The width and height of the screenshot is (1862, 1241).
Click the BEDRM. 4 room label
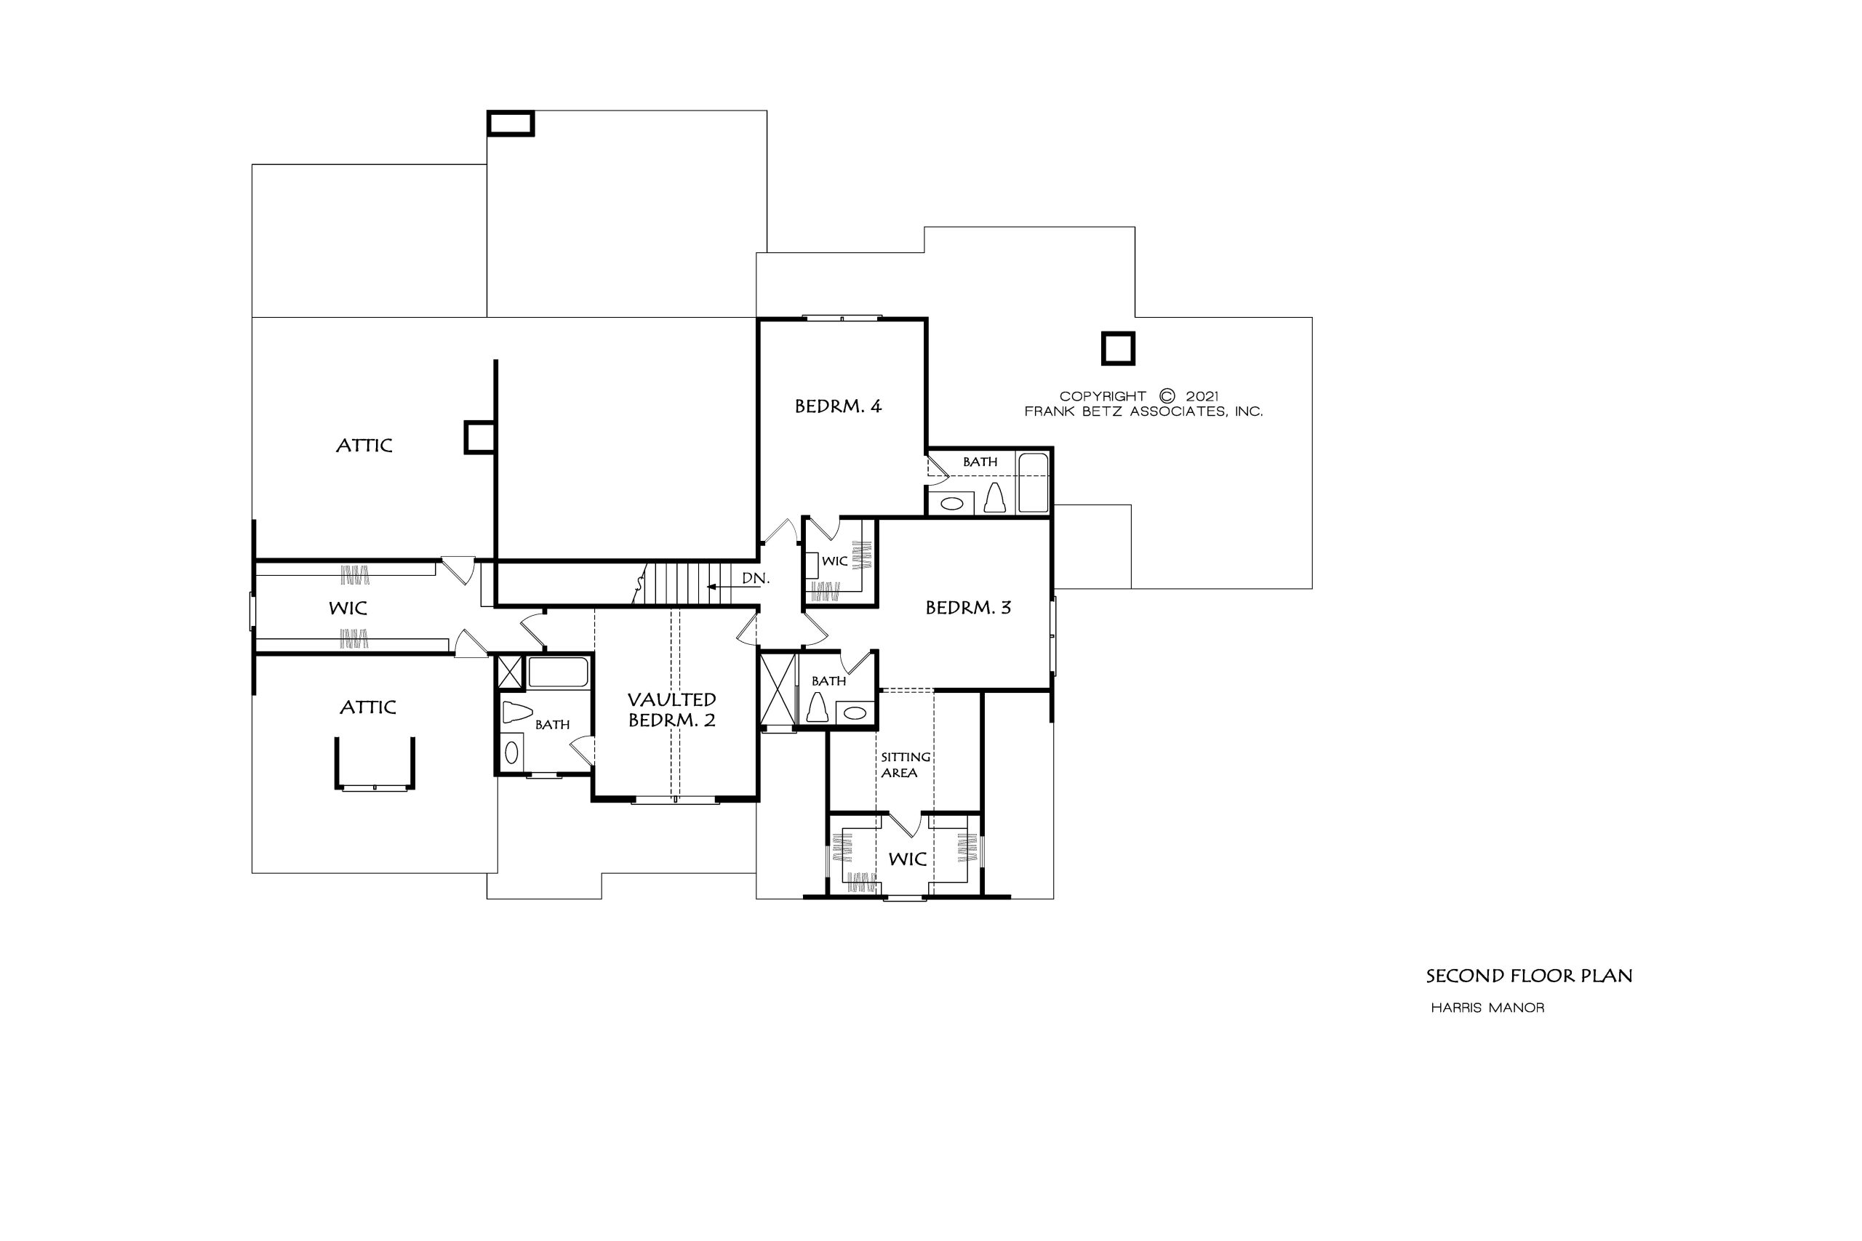838,406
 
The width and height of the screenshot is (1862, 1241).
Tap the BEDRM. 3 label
968,608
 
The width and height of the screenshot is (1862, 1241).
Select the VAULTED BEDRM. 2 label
672,710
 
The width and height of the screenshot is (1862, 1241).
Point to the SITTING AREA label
905,765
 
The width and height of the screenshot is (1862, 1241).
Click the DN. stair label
755,579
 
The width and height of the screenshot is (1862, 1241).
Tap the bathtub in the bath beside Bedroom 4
1032,483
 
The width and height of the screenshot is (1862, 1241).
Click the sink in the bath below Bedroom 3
855,712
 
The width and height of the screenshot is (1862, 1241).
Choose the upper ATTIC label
364,446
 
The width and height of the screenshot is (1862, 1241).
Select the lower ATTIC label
368,707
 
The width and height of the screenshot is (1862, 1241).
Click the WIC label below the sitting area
907,859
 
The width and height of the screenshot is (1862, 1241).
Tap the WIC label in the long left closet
348,608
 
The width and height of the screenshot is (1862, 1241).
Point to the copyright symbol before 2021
1167,395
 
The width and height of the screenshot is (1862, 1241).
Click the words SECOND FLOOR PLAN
1530,976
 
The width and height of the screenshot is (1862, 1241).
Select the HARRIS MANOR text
1487,1008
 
